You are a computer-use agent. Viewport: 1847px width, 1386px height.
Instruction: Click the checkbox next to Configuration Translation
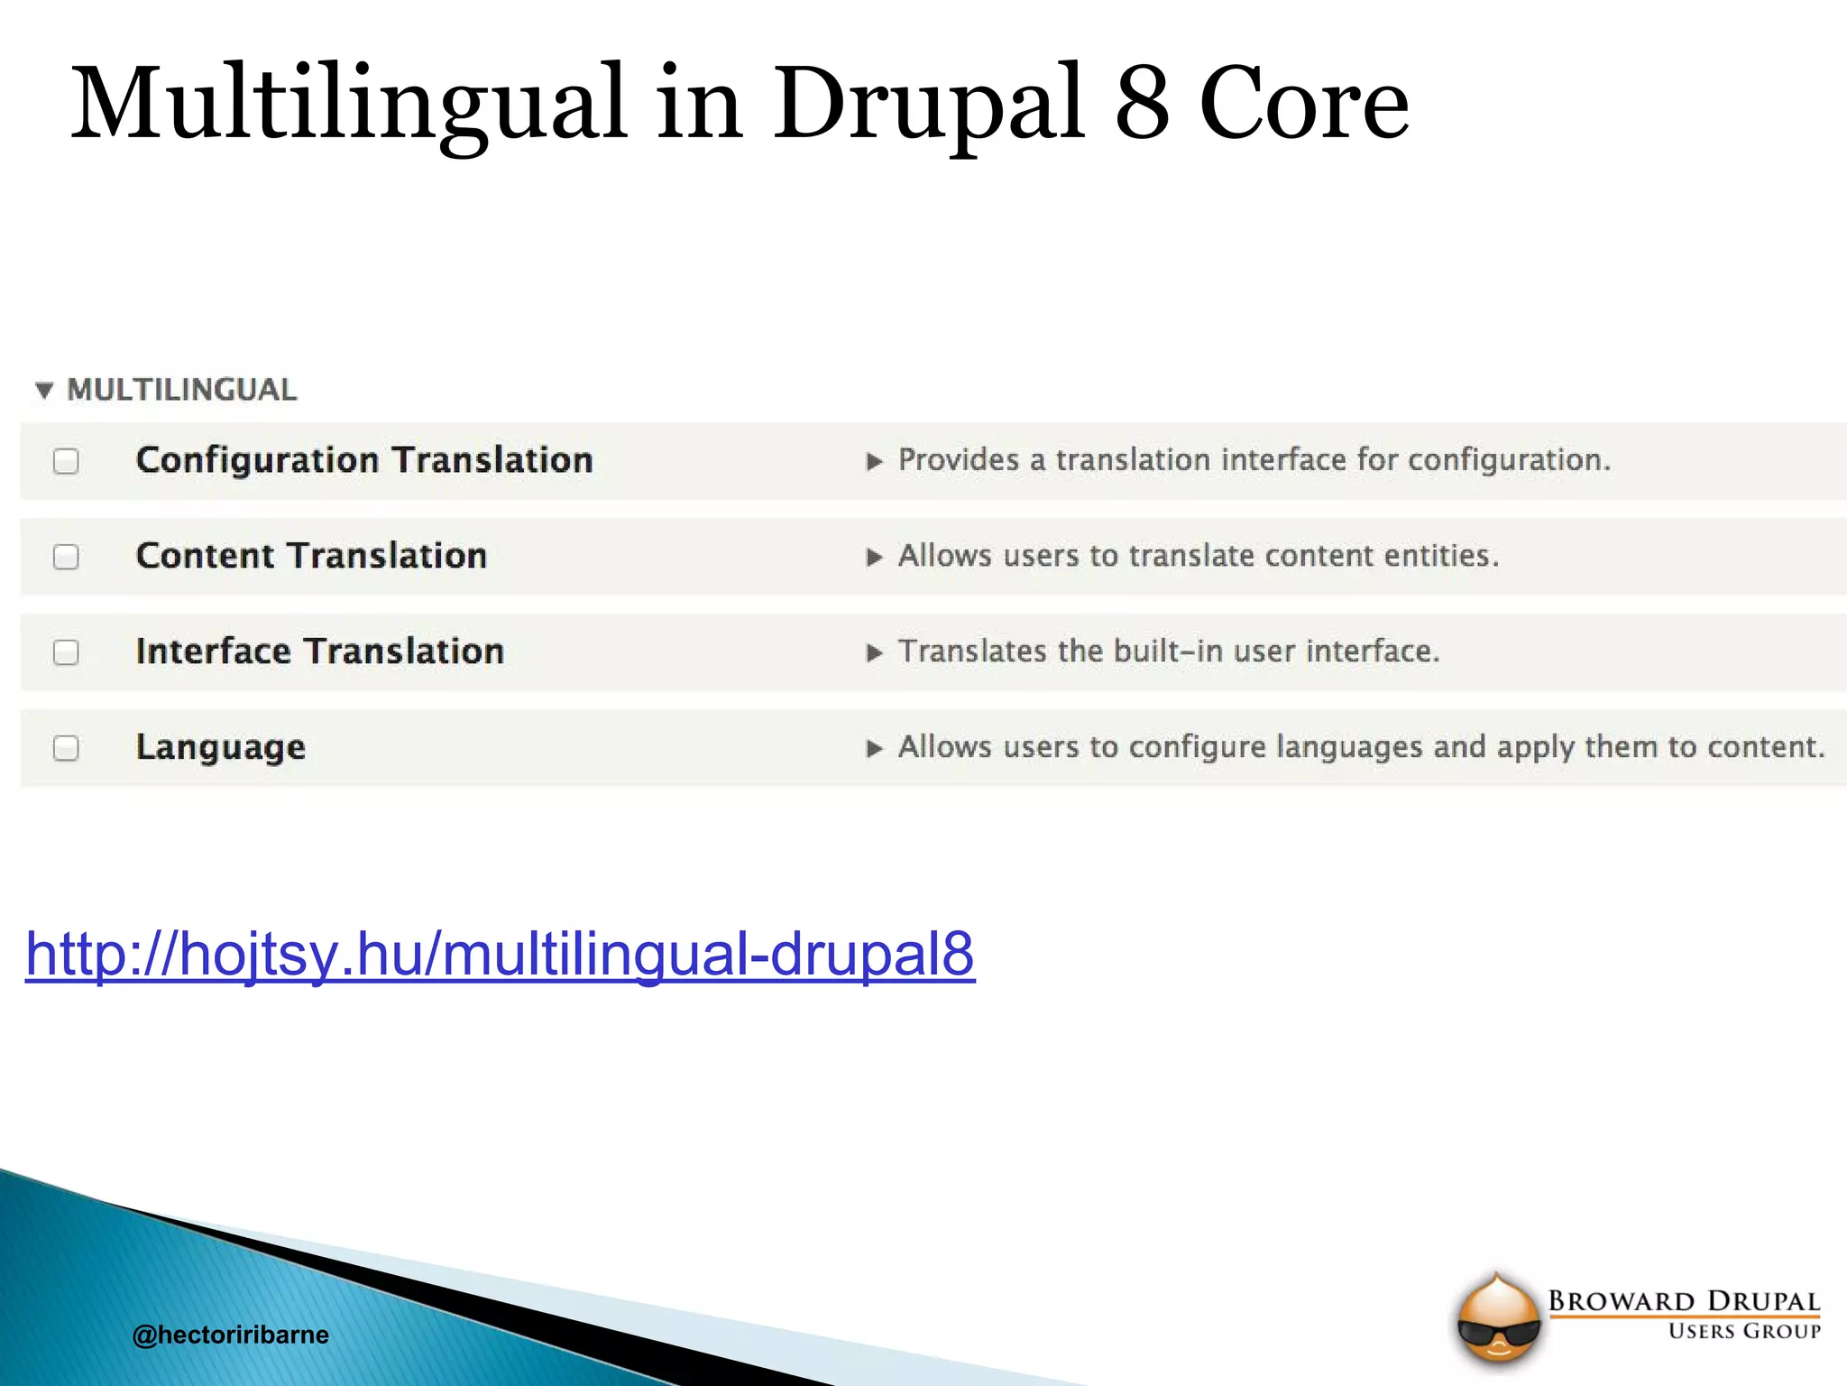pos(66,461)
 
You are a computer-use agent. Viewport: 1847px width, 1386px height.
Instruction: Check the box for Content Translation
pos(66,557)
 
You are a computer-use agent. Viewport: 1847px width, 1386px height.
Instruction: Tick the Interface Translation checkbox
pos(66,652)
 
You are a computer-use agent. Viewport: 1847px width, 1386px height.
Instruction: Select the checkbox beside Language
pos(66,748)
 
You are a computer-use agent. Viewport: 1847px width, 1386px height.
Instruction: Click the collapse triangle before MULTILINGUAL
pos(44,391)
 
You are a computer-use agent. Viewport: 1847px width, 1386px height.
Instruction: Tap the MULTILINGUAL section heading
pos(182,390)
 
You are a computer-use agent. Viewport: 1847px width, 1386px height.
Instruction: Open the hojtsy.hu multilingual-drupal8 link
pos(500,954)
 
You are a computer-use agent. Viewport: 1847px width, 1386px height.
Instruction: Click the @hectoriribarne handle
pos(230,1335)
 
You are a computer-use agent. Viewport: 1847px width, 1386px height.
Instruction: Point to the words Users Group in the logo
pos(1744,1332)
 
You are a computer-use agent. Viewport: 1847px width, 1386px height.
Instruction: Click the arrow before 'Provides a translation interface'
pos(874,462)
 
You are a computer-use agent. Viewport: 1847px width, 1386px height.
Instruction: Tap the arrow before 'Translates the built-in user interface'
pos(874,653)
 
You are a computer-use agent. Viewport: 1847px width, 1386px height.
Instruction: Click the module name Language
pos(221,747)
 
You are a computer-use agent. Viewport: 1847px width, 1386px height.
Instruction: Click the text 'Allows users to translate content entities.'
pos(1199,556)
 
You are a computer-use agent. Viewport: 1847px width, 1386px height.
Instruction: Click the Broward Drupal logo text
pos(1684,1301)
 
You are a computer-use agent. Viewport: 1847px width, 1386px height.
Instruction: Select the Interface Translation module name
pos(320,651)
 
